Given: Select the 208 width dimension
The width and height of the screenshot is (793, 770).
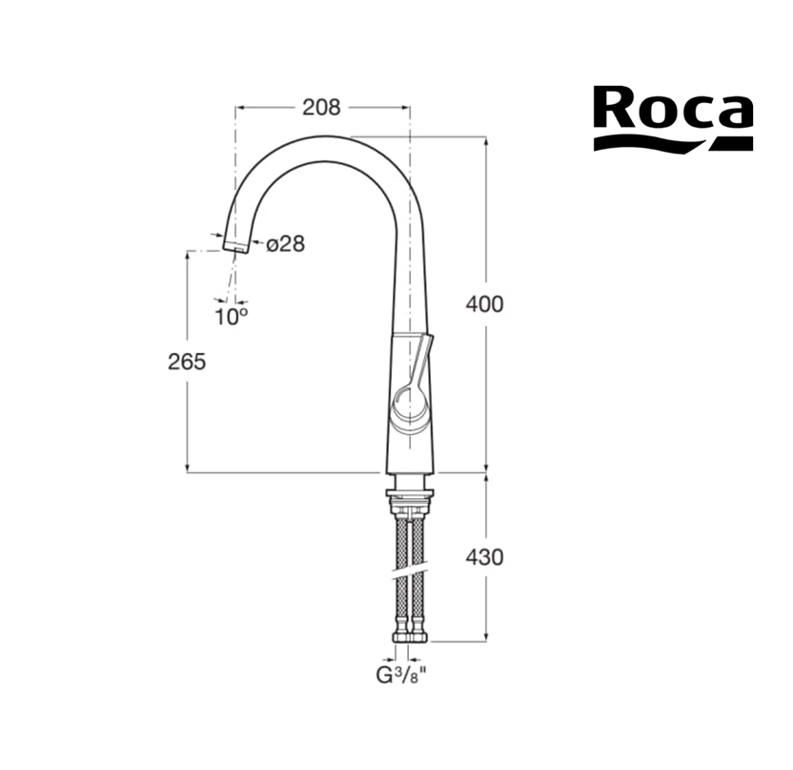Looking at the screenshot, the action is tap(321, 107).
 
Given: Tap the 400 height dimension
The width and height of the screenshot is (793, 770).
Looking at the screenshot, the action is tap(484, 304).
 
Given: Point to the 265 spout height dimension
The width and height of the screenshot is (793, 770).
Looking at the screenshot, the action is tap(187, 362).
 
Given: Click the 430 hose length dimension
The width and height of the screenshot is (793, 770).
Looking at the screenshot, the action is tap(484, 557).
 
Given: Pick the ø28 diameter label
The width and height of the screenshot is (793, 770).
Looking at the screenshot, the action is tap(286, 244).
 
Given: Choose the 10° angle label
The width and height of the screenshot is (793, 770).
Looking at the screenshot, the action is tap(232, 318).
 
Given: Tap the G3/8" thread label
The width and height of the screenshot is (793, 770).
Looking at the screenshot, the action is tap(404, 676).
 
